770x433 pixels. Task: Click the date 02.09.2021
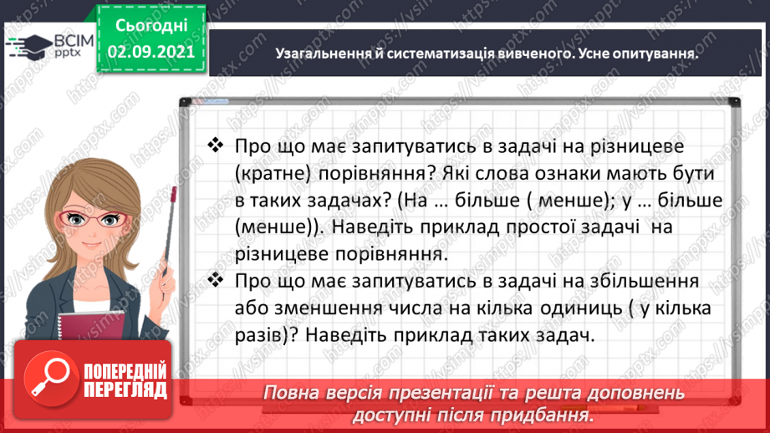pos(151,50)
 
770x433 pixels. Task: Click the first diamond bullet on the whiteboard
pos(215,145)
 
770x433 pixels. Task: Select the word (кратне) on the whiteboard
pos(273,173)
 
